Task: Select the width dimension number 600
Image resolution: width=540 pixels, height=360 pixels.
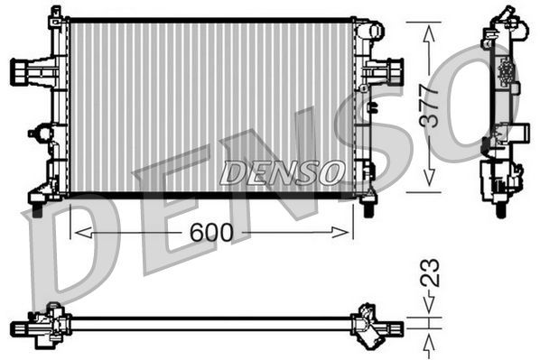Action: (211, 233)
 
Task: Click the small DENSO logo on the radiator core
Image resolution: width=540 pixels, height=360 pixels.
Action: (282, 170)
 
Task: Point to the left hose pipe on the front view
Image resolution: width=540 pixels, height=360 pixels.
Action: (22, 70)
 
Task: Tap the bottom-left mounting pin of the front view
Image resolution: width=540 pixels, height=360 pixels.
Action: (37, 209)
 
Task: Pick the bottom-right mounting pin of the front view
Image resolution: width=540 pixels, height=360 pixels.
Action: (368, 208)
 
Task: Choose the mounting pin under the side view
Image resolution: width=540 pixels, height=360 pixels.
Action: (499, 210)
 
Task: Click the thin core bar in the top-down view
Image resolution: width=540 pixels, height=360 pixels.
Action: (208, 318)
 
